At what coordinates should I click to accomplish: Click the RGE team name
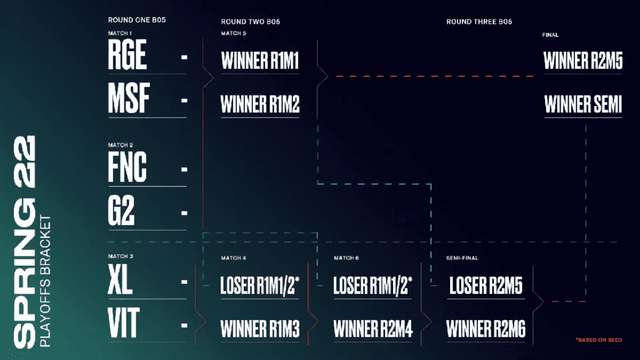[x=127, y=55]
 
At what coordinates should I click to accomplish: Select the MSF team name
[x=129, y=98]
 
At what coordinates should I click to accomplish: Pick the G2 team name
[x=121, y=210]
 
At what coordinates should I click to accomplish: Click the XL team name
[x=120, y=279]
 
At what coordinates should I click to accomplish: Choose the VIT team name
[x=124, y=323]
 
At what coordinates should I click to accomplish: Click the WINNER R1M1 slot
[x=260, y=61]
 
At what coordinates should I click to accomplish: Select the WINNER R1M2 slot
[x=260, y=104]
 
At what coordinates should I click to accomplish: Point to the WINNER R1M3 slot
[x=260, y=329]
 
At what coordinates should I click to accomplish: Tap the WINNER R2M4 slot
[x=373, y=329]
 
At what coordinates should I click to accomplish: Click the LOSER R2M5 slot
[x=486, y=285]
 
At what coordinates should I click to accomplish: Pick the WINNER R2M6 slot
[x=486, y=329]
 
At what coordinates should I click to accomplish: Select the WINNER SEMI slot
[x=583, y=104]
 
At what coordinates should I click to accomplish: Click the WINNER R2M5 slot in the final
[x=583, y=61]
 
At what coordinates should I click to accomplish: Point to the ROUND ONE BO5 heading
[x=137, y=20]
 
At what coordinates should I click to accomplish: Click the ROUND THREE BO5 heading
[x=479, y=22]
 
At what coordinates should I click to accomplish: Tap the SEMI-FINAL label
[x=462, y=258]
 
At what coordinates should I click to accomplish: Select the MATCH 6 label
[x=346, y=258]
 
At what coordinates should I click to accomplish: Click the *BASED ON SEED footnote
[x=599, y=339]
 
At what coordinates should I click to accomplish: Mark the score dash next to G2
[x=184, y=212]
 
